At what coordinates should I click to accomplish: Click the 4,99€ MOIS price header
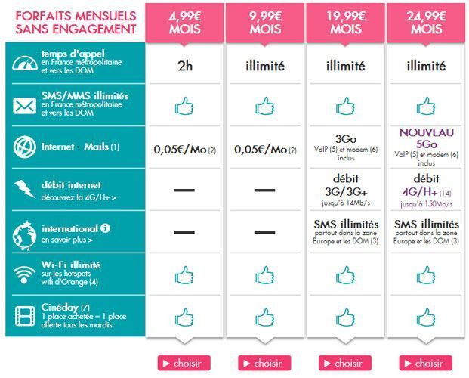[184, 21]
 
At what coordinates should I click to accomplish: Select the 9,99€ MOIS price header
[264, 21]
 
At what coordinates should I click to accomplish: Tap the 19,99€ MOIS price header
[345, 21]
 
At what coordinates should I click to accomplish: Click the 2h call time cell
[184, 67]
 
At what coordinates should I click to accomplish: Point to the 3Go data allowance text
[345, 141]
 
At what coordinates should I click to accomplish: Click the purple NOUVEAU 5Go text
[426, 137]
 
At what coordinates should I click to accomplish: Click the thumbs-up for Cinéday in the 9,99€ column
[264, 316]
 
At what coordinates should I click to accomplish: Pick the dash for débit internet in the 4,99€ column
[184, 189]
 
